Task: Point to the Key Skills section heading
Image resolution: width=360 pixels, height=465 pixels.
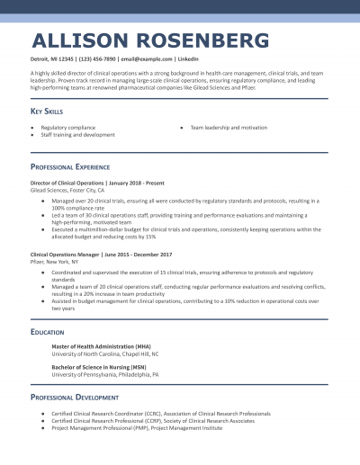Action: coord(50,111)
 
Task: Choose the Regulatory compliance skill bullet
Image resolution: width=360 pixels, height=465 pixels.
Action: coord(67,128)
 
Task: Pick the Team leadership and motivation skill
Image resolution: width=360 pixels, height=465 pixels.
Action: coord(229,128)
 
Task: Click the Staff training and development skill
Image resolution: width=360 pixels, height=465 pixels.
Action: coord(77,135)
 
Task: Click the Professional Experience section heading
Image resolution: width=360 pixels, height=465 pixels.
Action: coord(70,167)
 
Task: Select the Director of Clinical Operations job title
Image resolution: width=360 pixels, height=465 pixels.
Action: coord(67,183)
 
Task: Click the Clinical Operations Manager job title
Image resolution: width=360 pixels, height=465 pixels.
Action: coord(66,255)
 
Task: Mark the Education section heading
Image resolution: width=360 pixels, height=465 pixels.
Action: coord(47,332)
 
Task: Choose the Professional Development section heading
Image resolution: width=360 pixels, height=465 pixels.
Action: coord(74,397)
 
